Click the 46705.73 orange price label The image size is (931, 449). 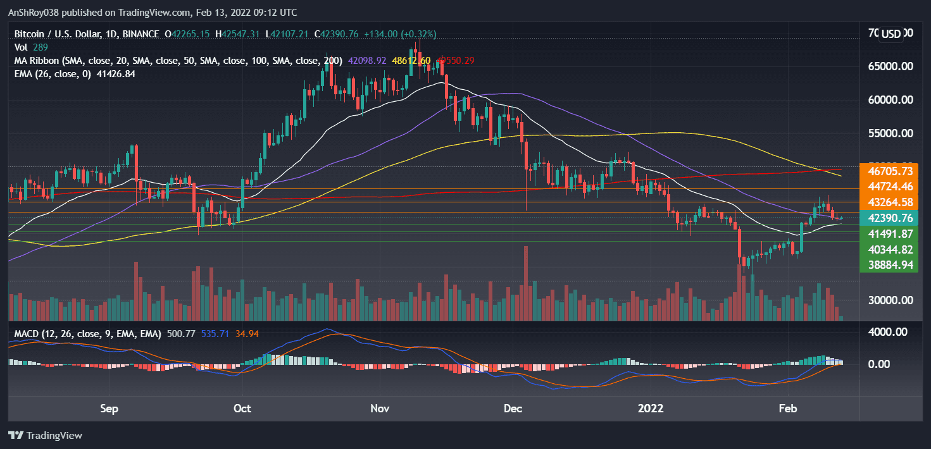click(889, 171)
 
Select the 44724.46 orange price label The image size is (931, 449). click(889, 187)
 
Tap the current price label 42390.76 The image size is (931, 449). click(889, 218)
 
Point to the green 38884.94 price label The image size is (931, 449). click(889, 264)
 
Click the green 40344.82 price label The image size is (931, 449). click(889, 249)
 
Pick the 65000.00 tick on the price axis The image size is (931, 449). click(889, 66)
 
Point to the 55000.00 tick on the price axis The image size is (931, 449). click(889, 133)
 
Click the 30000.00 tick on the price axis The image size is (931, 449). click(889, 300)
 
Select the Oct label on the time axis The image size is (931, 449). click(242, 408)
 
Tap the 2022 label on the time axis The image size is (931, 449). click(651, 408)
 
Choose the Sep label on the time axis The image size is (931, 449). click(109, 408)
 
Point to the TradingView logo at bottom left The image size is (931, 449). click(45, 435)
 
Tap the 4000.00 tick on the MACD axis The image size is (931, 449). click(889, 332)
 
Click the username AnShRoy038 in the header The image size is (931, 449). click(35, 13)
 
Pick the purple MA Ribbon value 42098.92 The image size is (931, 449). click(370, 61)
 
